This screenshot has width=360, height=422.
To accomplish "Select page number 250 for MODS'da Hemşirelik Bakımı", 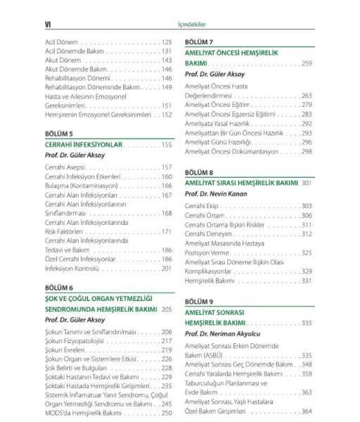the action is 167,413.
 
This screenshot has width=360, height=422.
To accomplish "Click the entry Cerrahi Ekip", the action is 204,205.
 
